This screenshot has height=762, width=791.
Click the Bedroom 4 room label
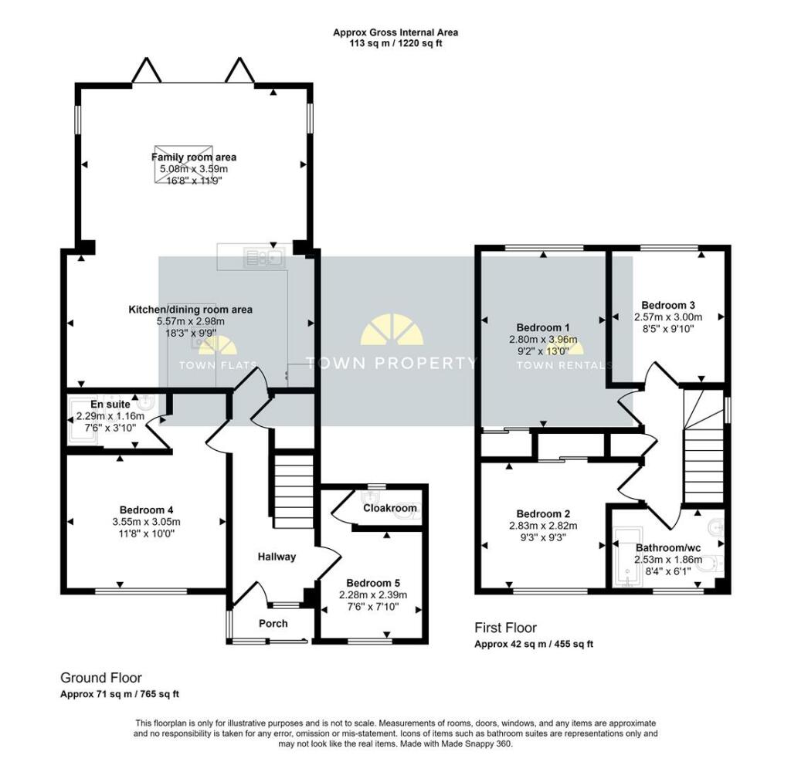pyautogui.click(x=146, y=510)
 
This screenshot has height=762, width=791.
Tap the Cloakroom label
pyautogui.click(x=390, y=508)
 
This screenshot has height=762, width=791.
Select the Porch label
pyautogui.click(x=273, y=623)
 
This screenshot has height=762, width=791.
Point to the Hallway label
pyautogui.click(x=277, y=557)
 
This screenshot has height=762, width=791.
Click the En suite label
pyautogui.click(x=110, y=405)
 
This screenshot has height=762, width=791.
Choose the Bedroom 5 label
pyautogui.click(x=373, y=584)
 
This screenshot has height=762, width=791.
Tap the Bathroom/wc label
pyautogui.click(x=668, y=548)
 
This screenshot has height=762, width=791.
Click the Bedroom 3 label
pyautogui.click(x=668, y=305)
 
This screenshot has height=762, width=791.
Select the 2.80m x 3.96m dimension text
pyautogui.click(x=543, y=340)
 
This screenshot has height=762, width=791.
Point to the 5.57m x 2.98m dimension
pyautogui.click(x=191, y=321)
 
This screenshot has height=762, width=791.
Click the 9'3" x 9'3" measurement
pyautogui.click(x=543, y=537)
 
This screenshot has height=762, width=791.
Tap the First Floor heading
pyautogui.click(x=505, y=628)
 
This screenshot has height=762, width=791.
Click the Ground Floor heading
pyautogui.click(x=101, y=678)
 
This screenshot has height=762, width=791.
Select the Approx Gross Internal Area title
pyautogui.click(x=395, y=32)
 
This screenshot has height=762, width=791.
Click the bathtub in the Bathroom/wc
pyautogui.click(x=627, y=557)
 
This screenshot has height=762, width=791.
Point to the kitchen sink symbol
pyautogui.click(x=264, y=258)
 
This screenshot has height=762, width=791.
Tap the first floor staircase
pyautogui.click(x=703, y=446)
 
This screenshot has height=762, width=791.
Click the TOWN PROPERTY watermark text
pyautogui.click(x=392, y=363)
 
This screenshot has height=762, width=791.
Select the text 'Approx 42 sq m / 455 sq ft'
pyautogui.click(x=534, y=644)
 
